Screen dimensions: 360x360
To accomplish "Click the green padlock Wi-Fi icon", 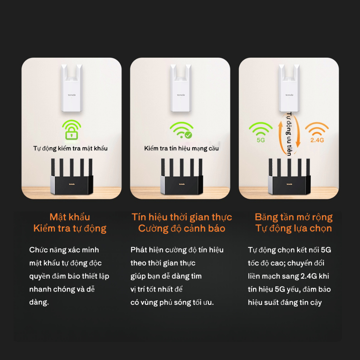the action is click(71, 130).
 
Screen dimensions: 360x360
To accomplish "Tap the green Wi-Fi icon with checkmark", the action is click(181, 130).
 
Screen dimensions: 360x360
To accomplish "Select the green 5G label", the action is click(261, 140).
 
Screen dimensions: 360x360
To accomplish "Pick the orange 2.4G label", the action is click(317, 140).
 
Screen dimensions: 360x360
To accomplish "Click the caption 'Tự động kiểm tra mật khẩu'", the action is click(70, 148).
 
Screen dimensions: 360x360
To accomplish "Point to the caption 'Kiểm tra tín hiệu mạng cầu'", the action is click(181, 148).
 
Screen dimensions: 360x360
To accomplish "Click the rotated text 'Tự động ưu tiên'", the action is click(289, 134).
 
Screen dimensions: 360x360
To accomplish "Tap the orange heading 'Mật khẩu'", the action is click(70, 217).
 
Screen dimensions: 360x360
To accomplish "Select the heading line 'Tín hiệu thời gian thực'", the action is click(182, 217).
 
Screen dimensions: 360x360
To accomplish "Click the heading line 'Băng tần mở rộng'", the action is click(294, 217).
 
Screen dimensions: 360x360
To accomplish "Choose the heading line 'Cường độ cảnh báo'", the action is click(182, 229).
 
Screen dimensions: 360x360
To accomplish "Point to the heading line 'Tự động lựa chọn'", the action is click(294, 229).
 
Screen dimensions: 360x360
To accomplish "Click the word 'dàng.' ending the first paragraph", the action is click(39, 302).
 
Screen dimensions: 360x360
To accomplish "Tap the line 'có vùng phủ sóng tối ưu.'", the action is click(172, 302).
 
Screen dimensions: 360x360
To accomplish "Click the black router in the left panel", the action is click(72, 176).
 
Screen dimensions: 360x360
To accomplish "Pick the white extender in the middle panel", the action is click(181, 88).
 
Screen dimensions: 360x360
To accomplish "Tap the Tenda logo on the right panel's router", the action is click(289, 184).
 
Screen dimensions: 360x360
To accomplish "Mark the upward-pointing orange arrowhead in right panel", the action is click(280, 124).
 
